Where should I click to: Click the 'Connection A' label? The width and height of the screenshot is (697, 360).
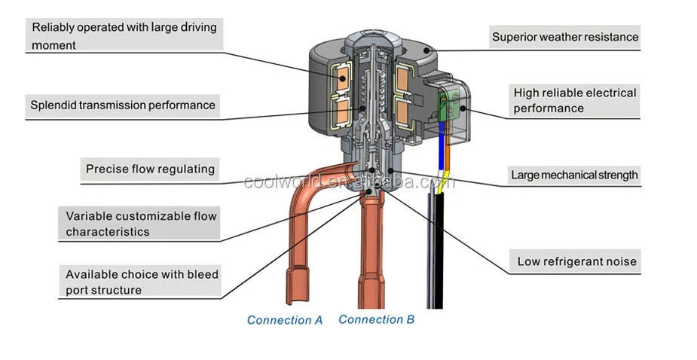[284, 320]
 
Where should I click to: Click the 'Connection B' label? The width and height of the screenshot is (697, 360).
[376, 319]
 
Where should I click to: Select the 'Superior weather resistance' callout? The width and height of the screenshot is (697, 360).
[564, 36]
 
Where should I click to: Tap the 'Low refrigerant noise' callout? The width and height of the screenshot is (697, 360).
[576, 262]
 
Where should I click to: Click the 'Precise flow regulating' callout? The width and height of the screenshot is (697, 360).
[150, 169]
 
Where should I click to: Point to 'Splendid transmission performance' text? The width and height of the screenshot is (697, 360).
[122, 105]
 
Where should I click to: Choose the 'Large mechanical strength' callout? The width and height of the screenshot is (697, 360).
[574, 175]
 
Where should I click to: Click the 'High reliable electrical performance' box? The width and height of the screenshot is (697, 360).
[574, 100]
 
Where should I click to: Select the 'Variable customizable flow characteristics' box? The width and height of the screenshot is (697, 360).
[140, 224]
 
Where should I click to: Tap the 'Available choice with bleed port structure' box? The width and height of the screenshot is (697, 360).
[141, 281]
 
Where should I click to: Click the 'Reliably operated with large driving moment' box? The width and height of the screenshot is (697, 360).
[124, 35]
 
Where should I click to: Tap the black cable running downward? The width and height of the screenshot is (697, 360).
[436, 249]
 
